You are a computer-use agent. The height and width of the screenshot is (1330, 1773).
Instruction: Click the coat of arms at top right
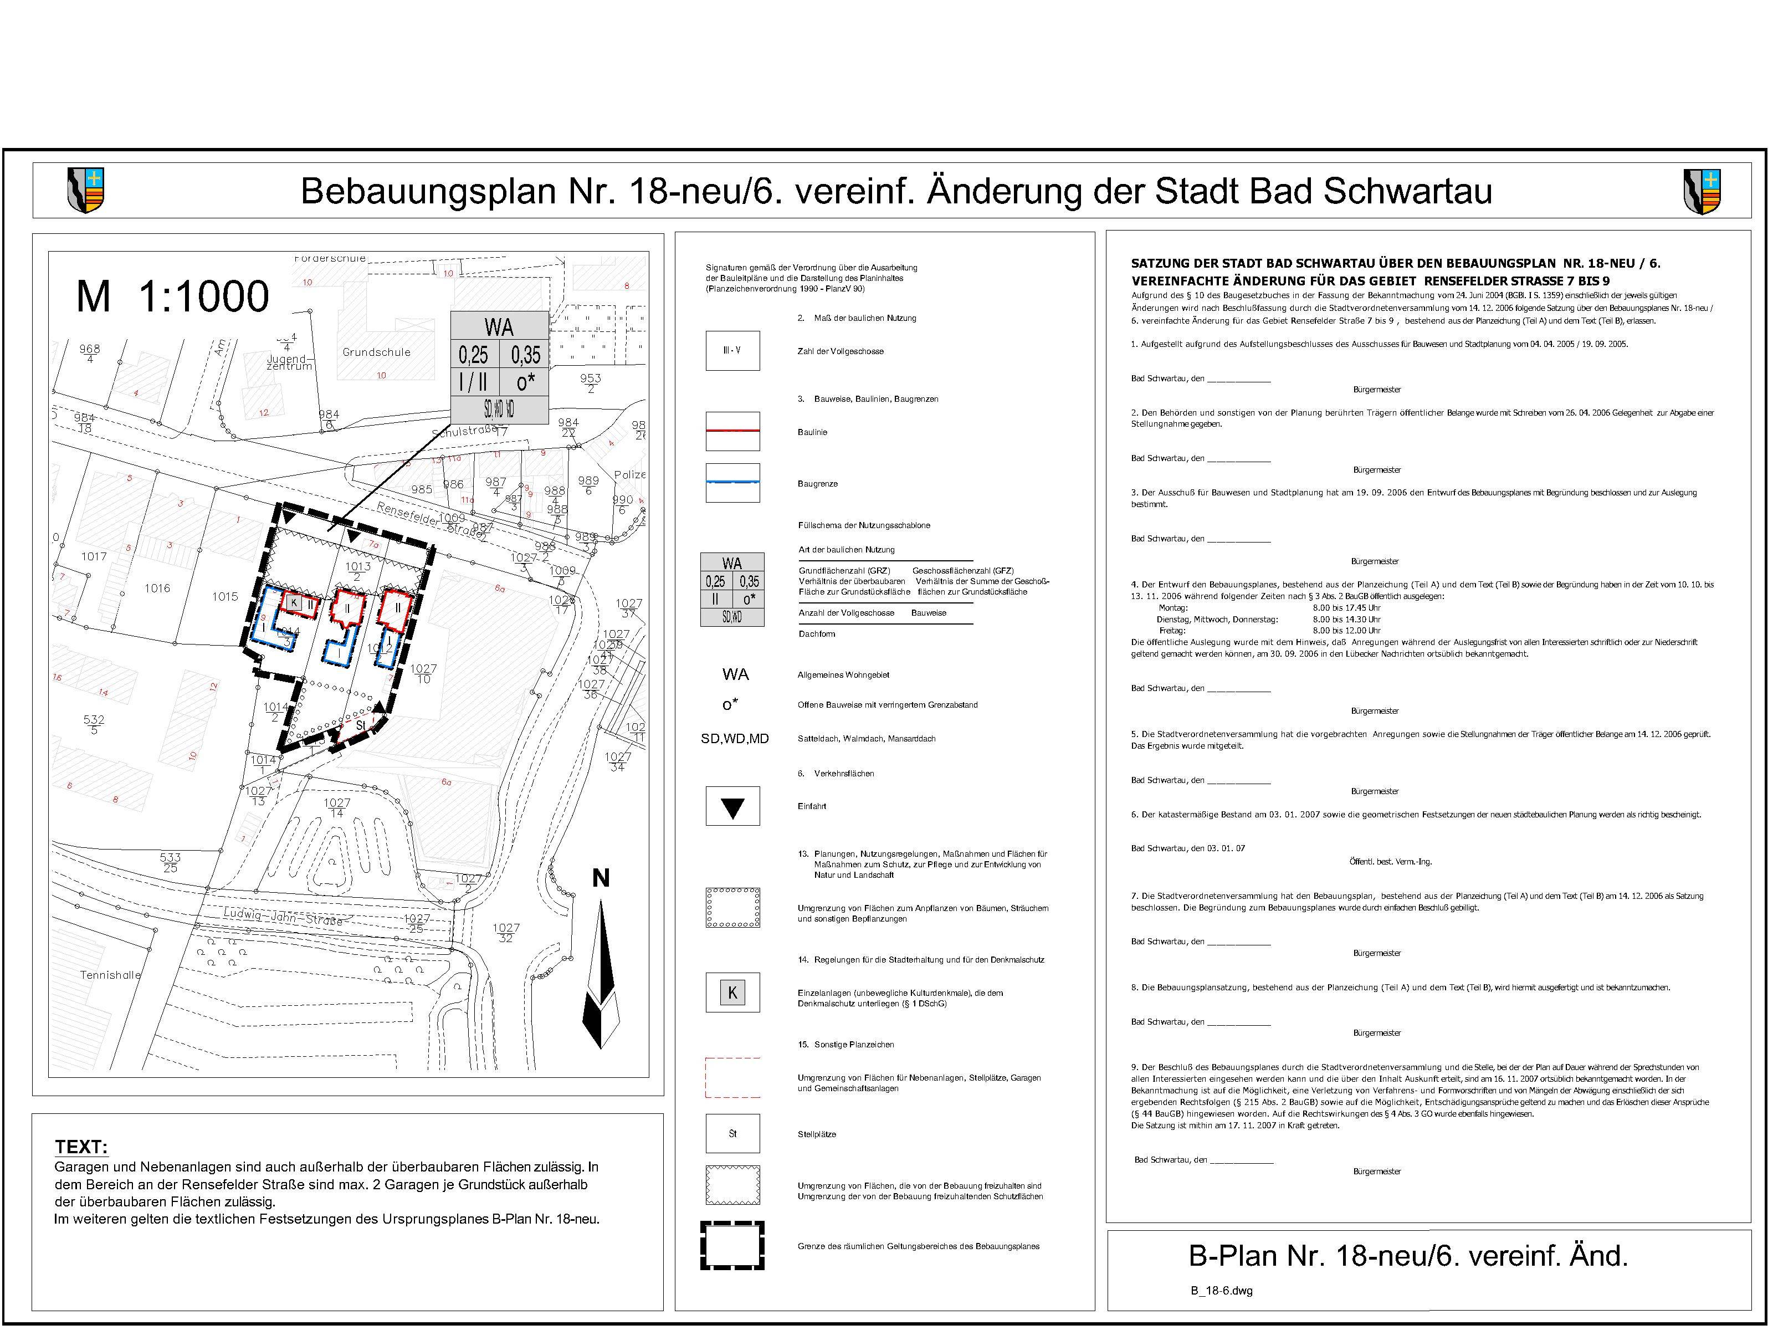click(x=1703, y=191)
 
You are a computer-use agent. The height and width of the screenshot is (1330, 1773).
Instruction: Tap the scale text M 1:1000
click(x=172, y=296)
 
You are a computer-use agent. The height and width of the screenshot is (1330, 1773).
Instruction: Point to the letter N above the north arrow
click(x=601, y=879)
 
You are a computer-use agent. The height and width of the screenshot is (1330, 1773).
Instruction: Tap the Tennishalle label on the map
click(x=110, y=975)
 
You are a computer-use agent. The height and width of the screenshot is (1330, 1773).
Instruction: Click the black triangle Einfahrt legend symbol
click(x=732, y=806)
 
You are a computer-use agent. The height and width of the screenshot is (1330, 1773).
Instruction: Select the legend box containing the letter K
click(x=732, y=993)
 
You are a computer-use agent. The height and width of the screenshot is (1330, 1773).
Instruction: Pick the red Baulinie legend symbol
click(x=732, y=431)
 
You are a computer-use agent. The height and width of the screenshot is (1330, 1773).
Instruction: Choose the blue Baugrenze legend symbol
click(x=732, y=483)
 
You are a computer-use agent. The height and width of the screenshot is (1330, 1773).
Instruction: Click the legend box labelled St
click(x=732, y=1134)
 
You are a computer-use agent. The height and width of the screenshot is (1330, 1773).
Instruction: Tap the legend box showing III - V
click(x=732, y=350)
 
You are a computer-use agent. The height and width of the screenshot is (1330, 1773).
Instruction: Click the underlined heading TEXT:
click(x=81, y=1147)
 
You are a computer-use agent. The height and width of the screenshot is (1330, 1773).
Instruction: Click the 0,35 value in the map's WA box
click(x=526, y=354)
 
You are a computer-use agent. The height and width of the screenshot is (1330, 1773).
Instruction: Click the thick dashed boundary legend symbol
click(x=732, y=1246)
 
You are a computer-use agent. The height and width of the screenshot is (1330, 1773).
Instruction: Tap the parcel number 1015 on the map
click(x=226, y=596)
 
